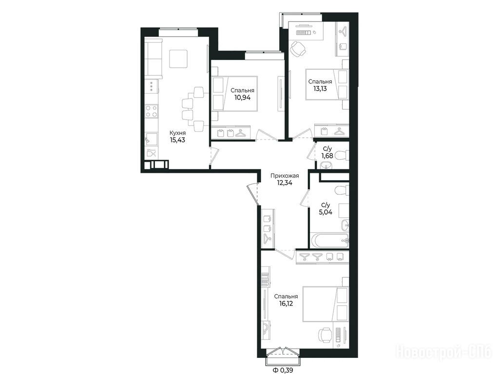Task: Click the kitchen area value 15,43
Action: pyautogui.click(x=177, y=140)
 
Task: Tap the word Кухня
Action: pyautogui.click(x=177, y=133)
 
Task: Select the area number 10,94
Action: pyautogui.click(x=243, y=97)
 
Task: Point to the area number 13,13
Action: pyautogui.click(x=320, y=89)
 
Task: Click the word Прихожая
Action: pyautogui.click(x=285, y=175)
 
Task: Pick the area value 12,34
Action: pyautogui.click(x=285, y=183)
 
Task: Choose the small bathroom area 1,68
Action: pyautogui.click(x=327, y=155)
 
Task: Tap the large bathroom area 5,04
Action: pyautogui.click(x=326, y=212)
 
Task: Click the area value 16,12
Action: pyautogui.click(x=285, y=303)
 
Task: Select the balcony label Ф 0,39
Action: pyautogui.click(x=281, y=370)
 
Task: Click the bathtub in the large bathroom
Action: pyautogui.click(x=329, y=241)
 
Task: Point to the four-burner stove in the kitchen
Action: pyautogui.click(x=152, y=112)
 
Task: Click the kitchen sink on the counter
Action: pyautogui.click(x=152, y=139)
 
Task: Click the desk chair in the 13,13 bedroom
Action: pyautogui.click(x=298, y=49)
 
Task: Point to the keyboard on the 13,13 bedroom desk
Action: pyautogui.click(x=304, y=33)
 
